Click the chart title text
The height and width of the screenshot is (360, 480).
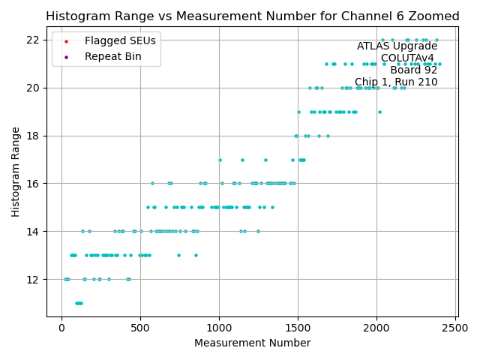(252, 16)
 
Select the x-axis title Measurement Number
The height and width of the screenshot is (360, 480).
(252, 343)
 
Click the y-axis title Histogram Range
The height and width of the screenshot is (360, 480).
(16, 172)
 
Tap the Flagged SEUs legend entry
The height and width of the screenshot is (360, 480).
(111, 41)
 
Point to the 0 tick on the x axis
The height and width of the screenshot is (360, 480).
(61, 327)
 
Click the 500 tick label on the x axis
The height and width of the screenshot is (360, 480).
(140, 327)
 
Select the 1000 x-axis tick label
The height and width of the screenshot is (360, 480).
(219, 327)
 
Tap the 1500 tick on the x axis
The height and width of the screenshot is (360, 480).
(298, 327)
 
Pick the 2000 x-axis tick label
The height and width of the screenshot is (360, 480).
(376, 327)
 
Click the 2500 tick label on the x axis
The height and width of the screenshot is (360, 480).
(455, 327)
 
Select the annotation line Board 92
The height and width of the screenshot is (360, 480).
(413, 70)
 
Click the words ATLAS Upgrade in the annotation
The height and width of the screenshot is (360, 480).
(397, 46)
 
